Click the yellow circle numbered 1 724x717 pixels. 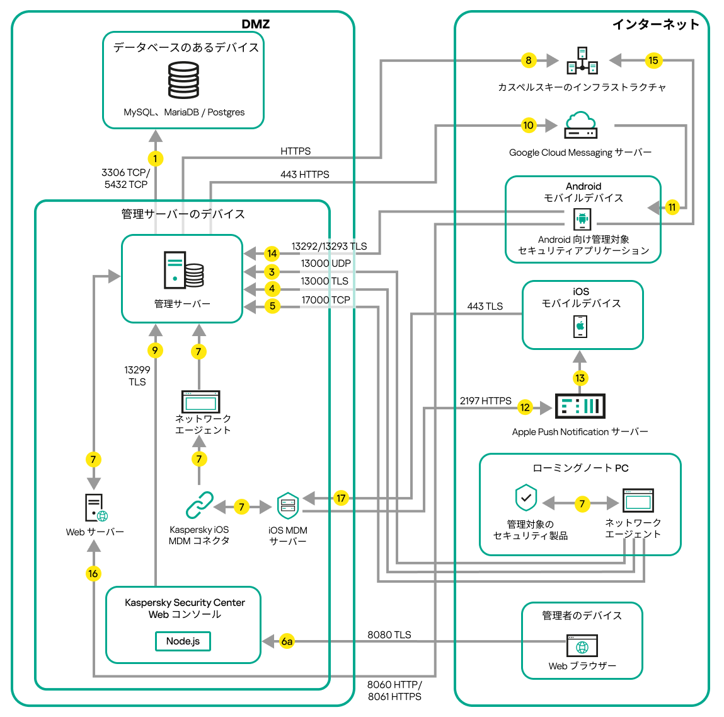tap(155, 159)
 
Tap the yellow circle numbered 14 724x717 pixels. tap(272, 254)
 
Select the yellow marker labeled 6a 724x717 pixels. tap(287, 641)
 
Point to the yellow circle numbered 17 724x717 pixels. tap(341, 498)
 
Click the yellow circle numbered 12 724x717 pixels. tap(525, 407)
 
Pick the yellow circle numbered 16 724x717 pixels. tap(93, 573)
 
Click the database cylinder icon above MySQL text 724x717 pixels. tap(183, 79)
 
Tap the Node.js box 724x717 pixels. tap(183, 641)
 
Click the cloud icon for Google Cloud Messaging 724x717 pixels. tap(580, 125)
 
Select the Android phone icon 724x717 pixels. tap(582, 219)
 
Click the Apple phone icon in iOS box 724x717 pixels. tap(580, 327)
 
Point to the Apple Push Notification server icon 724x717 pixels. tap(580, 406)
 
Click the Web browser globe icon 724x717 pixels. tap(582, 646)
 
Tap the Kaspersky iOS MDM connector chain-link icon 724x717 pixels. tap(200, 505)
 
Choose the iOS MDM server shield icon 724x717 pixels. tap(288, 506)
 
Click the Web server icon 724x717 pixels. tap(96, 508)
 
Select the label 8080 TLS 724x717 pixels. tap(389, 634)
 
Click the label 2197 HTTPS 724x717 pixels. tap(485, 401)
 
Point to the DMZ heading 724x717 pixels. tap(255, 25)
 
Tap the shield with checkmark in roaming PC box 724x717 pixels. tap(526, 498)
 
